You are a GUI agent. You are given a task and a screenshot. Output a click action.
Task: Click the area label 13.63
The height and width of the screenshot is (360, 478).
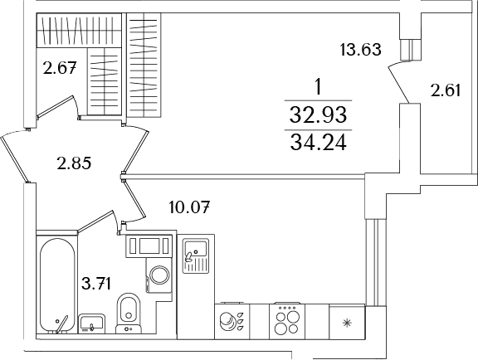tap(360, 49)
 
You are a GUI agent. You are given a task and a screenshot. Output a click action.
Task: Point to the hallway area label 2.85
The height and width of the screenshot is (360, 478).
tap(74, 163)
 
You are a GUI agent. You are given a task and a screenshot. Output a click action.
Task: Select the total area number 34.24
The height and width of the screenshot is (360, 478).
tap(318, 143)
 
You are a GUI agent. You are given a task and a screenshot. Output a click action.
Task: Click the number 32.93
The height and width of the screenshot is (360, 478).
tap(318, 114)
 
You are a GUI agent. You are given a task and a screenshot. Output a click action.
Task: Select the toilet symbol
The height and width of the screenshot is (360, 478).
tap(127, 312)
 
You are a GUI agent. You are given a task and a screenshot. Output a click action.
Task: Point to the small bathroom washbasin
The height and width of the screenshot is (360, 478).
tap(90, 322)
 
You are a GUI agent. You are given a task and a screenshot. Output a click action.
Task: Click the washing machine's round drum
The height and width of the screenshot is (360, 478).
tap(158, 275)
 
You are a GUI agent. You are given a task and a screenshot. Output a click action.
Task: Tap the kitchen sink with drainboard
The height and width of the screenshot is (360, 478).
tap(196, 255)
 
